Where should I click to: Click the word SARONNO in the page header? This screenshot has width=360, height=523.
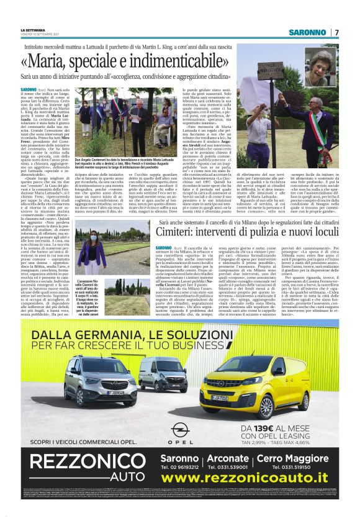(x=308, y=32)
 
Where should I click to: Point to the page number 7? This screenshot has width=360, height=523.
(x=336, y=32)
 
